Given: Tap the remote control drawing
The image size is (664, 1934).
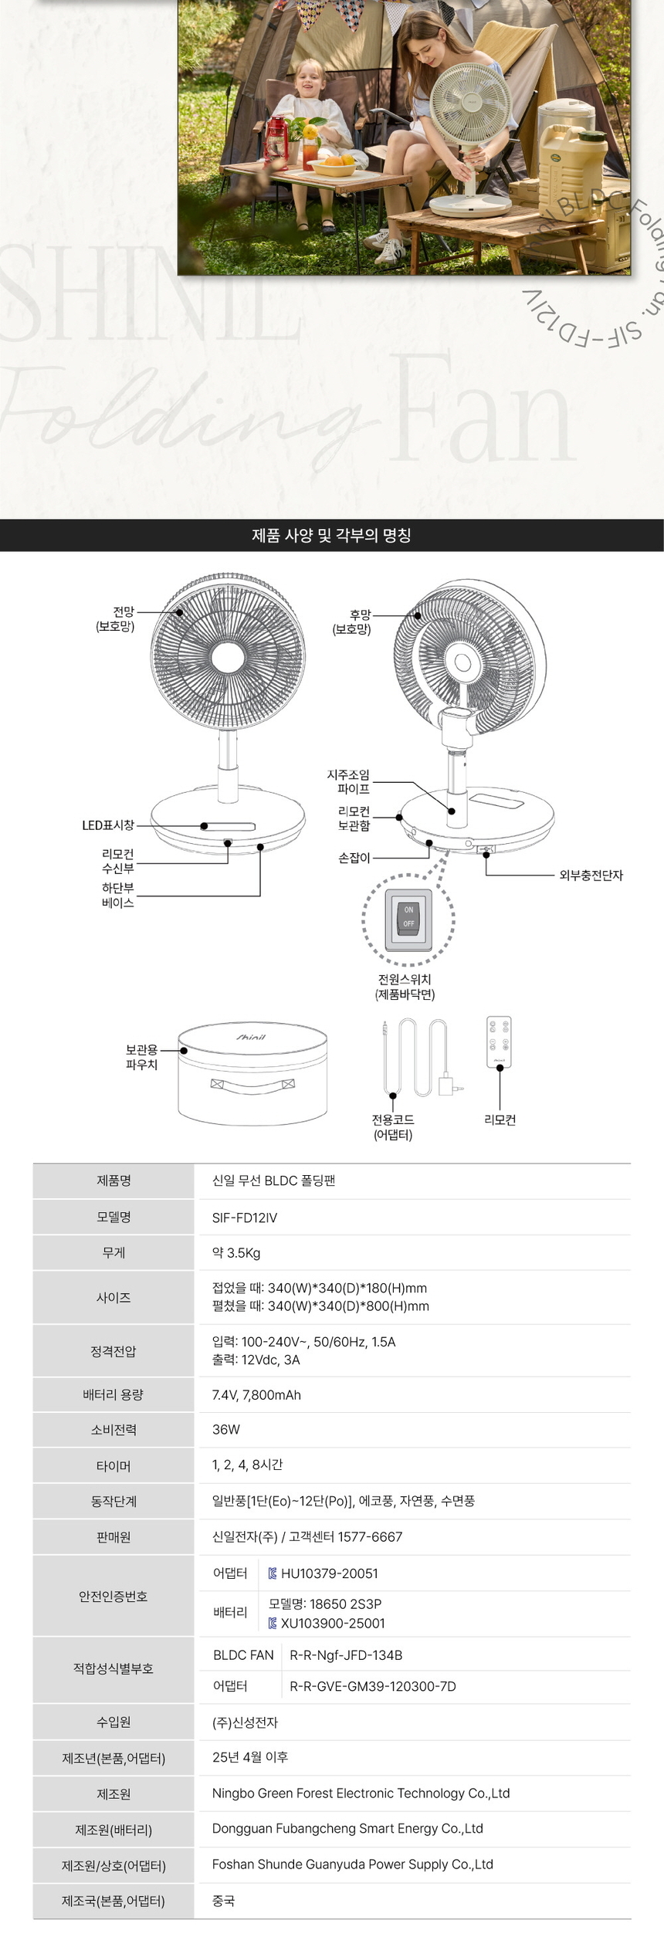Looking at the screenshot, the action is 500,1042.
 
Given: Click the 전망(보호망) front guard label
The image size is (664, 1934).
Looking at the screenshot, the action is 115,619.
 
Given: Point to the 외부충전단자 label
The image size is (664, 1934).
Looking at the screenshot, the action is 591,876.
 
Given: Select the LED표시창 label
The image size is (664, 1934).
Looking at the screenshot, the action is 108,825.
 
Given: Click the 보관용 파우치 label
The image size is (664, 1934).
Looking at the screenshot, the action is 141,1057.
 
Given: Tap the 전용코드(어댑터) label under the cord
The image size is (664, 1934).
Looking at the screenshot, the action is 393,1127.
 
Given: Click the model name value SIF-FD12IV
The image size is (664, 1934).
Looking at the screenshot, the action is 245,1218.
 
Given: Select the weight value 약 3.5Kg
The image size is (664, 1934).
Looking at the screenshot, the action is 236,1253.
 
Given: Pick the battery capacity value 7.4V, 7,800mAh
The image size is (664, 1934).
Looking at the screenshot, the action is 256,1395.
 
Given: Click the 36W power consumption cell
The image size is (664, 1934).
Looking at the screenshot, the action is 226,1430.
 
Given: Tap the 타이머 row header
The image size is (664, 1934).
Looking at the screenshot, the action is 113,1466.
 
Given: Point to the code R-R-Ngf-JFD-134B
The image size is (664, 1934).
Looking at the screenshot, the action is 346,1655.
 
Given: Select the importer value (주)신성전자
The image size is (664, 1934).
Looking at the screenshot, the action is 245,1722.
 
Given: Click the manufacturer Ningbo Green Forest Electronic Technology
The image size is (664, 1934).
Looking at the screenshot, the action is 361,1793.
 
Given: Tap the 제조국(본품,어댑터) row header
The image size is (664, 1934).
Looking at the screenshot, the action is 113,1901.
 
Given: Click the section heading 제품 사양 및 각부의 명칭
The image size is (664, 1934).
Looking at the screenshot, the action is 331,535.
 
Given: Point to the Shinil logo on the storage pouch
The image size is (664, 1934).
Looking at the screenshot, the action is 251,1037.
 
